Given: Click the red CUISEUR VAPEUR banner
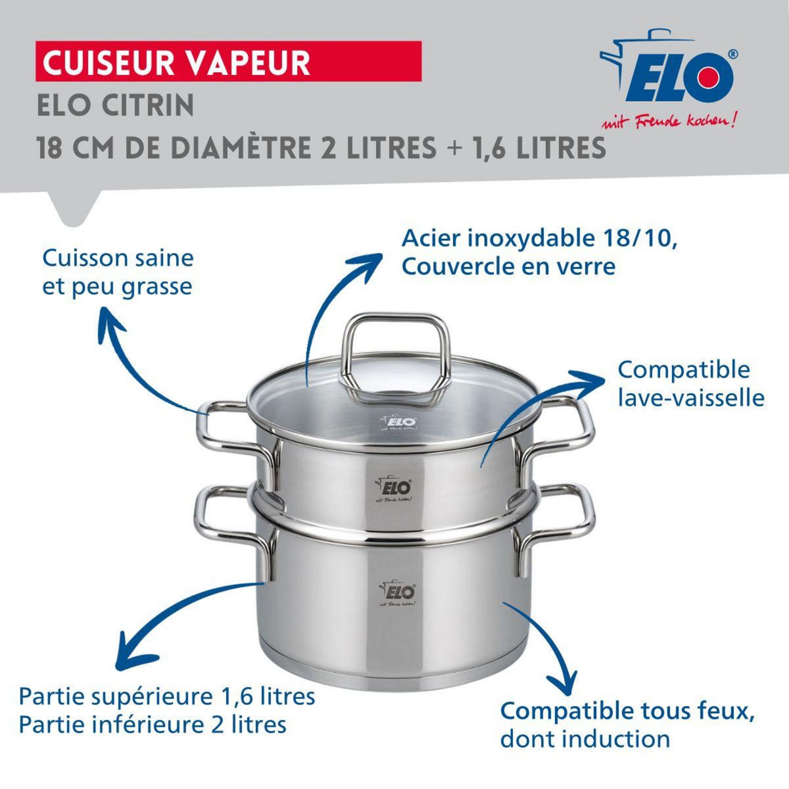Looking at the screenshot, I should tap(227, 61).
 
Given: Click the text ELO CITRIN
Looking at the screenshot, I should tap(116, 105).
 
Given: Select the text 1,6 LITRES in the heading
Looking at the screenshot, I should tap(539, 148).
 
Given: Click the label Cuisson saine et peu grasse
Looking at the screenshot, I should tap(118, 272).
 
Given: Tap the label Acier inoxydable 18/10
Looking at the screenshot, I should tap(539, 238).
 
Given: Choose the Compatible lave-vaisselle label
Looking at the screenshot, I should tap(690, 383).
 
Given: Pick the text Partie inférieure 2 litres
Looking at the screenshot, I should tap(153, 725).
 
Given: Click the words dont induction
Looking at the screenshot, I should tap(585, 738).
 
